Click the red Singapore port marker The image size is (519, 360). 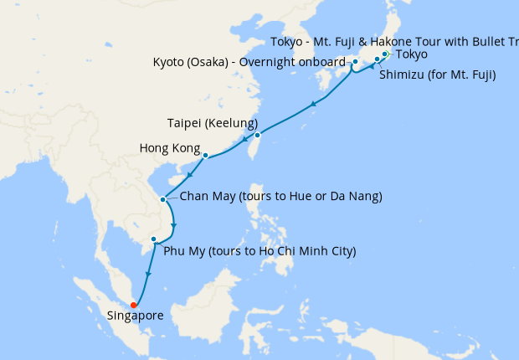click(x=134, y=305)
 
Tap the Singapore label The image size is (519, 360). click(x=135, y=316)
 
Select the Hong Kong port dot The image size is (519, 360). click(x=205, y=155)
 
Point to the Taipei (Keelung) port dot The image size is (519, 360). click(x=258, y=135)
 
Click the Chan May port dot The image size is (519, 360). click(x=162, y=199)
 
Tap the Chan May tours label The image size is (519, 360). click(x=281, y=197)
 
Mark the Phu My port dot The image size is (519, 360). click(x=153, y=239)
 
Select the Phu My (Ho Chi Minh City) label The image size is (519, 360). click(x=259, y=250)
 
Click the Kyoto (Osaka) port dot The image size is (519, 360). click(x=355, y=62)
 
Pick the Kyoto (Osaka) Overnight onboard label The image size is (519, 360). click(x=249, y=63)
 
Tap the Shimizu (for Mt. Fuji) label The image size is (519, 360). click(x=437, y=76)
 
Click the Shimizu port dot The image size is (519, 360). click(x=377, y=59)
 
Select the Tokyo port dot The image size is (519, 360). click(x=384, y=54)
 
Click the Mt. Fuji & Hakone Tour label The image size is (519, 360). click(x=393, y=43)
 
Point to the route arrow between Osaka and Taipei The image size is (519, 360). click(x=312, y=105)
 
